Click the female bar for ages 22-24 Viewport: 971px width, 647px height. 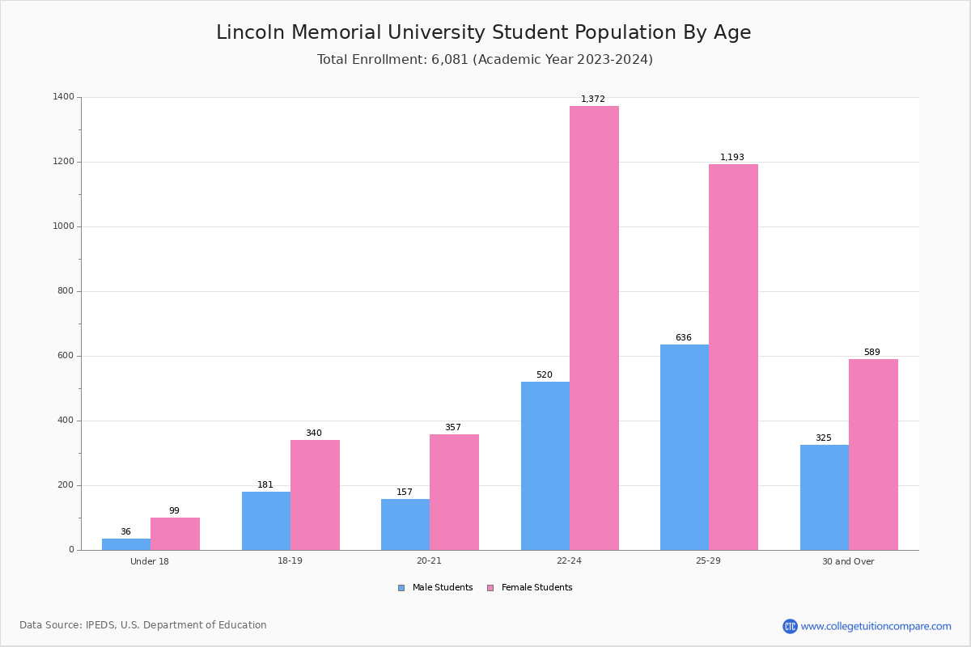tap(594, 328)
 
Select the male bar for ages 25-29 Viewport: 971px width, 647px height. tap(685, 447)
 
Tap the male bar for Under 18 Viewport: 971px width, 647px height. tap(126, 544)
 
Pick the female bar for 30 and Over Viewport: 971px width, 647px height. tap(873, 455)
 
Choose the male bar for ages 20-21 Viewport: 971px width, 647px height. tap(405, 525)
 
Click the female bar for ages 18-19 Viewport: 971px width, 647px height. tap(315, 495)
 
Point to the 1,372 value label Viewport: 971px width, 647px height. tap(592, 99)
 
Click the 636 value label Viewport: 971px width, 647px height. tap(684, 337)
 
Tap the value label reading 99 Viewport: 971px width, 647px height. tap(174, 510)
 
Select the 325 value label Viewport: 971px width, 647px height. tap(824, 438)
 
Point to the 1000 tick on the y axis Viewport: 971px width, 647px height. tap(63, 226)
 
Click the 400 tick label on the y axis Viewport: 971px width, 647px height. tap(66, 421)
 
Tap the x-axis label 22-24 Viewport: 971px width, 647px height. tap(569, 560)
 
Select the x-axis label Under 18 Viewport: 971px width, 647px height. tap(150, 561)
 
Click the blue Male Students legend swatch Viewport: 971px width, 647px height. tap(401, 588)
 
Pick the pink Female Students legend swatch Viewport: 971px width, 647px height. tap(490, 588)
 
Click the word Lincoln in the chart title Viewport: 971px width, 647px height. tap(250, 32)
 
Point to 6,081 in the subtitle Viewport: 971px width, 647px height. tap(450, 60)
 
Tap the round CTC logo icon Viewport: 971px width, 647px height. tap(790, 626)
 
